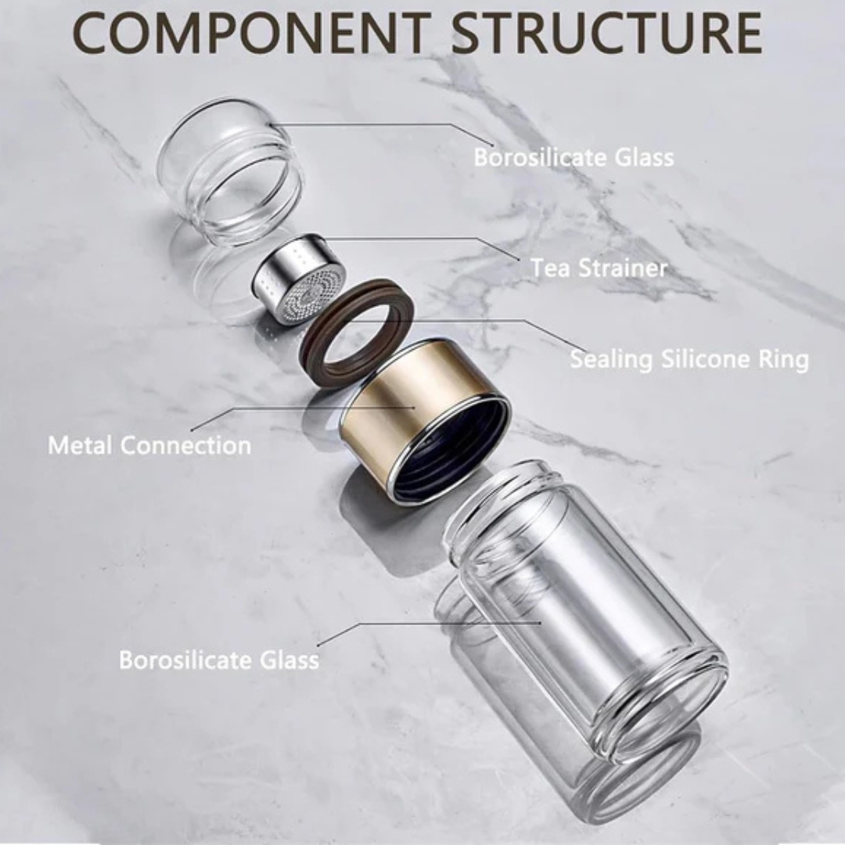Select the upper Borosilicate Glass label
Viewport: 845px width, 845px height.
pyautogui.click(x=574, y=157)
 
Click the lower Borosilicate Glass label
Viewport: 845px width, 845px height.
pyautogui.click(x=219, y=659)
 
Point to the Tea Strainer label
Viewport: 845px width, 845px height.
pyautogui.click(x=599, y=268)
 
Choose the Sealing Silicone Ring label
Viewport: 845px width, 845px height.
pyautogui.click(x=689, y=360)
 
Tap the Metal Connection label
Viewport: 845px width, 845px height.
pyautogui.click(x=149, y=446)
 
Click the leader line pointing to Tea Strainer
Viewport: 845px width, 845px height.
pyautogui.click(x=438, y=239)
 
